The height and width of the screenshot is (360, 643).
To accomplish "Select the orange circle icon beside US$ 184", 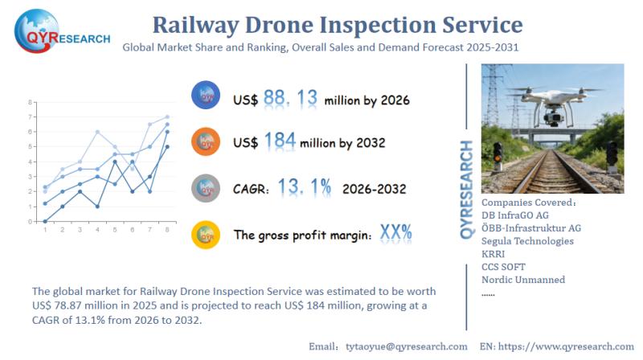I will [205, 142].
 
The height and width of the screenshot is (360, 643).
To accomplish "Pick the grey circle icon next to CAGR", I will [205, 188].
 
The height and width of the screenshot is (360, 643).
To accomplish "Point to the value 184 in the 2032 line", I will [280, 142].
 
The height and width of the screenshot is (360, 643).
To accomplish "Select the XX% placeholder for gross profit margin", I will [395, 233].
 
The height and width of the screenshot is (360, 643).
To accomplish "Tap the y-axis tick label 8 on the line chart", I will [30, 103].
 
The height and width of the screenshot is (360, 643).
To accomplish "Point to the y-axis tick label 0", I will [30, 221].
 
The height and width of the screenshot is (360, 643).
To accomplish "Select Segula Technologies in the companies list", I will [527, 241].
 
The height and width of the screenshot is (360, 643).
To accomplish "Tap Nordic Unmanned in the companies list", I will [523, 280].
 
